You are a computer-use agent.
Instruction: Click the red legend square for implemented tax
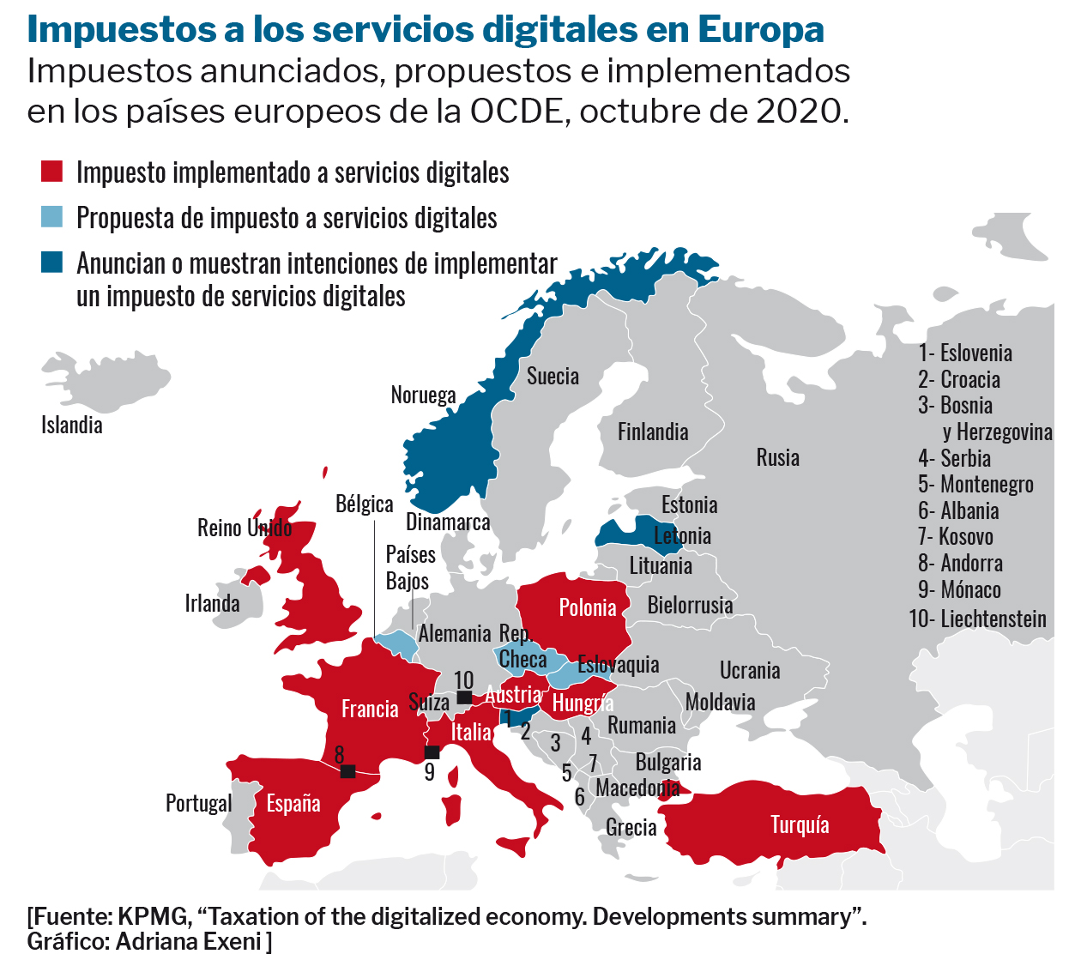pos(52,172)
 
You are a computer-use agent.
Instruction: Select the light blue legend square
pos(52,217)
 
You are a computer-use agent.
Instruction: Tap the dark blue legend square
pos(52,262)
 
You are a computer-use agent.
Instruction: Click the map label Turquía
pos(800,824)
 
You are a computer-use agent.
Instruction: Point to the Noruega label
pos(423,395)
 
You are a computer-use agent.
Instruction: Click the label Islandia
pos(72,425)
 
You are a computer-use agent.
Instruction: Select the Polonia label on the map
pos(588,608)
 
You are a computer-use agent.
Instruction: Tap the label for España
pos(293,804)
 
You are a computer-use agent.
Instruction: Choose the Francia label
pos(370,709)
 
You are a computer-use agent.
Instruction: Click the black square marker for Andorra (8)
pos(347,771)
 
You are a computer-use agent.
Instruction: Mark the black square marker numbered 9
pos(432,752)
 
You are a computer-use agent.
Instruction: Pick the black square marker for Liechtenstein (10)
pos(464,697)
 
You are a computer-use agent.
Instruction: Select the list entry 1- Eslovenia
pos(965,353)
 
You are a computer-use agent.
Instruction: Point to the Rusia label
pos(777,457)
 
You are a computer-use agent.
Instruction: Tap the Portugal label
pos(198,803)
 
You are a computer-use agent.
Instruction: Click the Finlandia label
pos(653,432)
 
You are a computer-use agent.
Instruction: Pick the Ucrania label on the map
pos(750,670)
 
